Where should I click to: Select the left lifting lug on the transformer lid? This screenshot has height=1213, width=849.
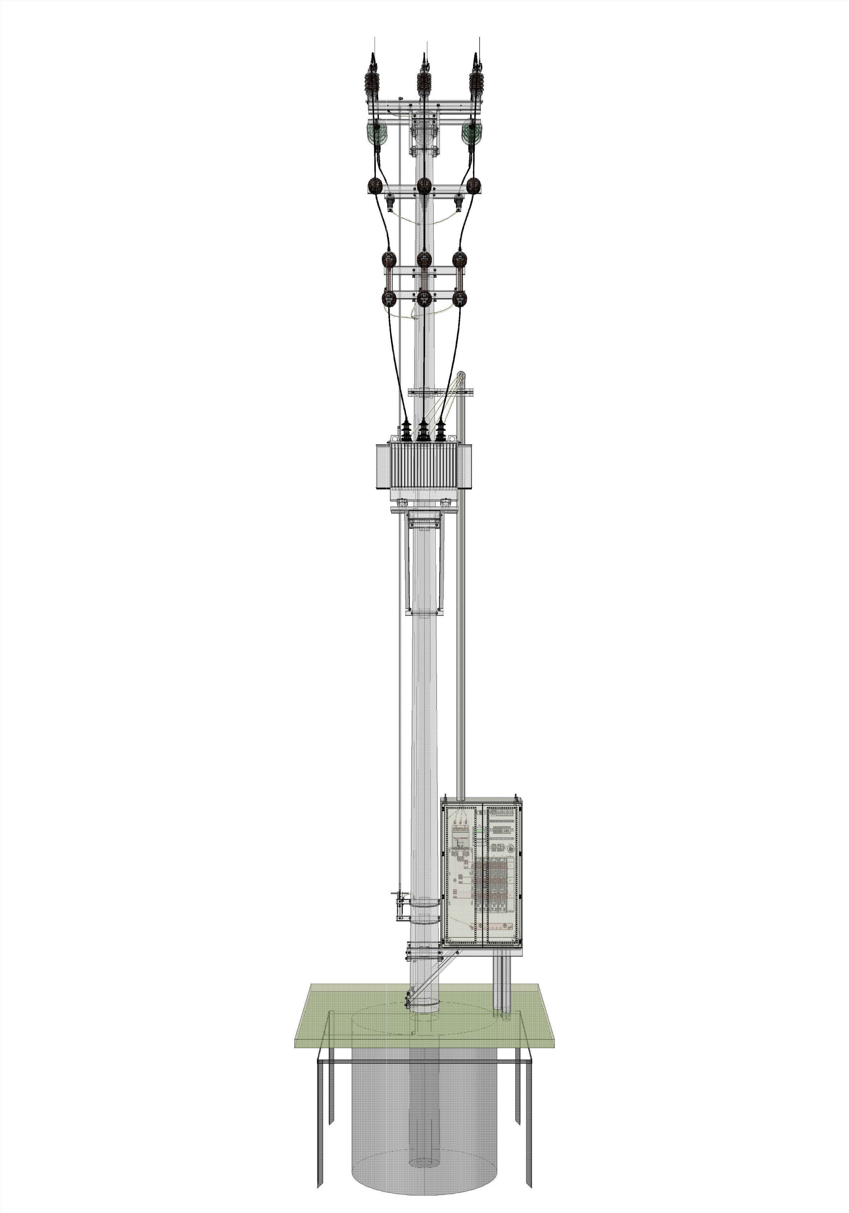393,439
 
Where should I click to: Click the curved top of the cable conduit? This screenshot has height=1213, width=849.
461,376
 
